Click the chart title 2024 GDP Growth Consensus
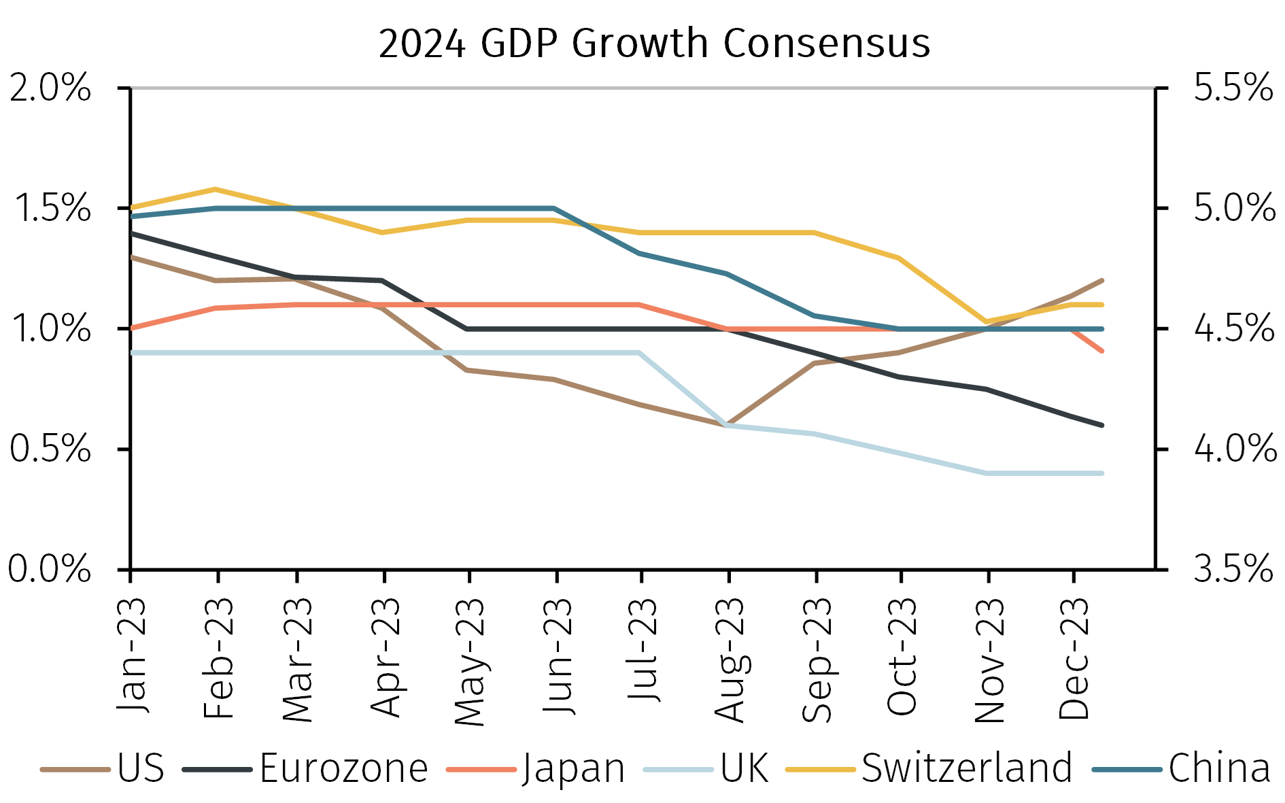654,44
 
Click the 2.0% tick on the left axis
50,88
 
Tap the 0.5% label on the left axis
50,449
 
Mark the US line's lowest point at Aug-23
727,425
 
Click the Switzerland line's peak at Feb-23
216,189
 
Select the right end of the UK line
1101,473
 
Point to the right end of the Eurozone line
1101,425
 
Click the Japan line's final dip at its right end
1101,351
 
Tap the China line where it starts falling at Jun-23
555,208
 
